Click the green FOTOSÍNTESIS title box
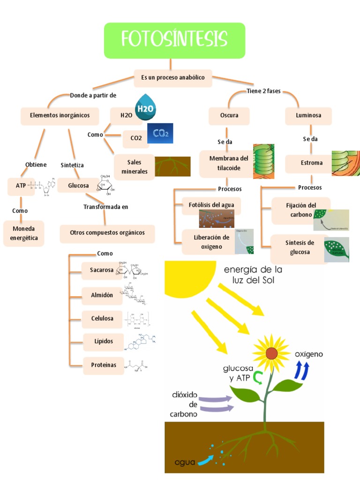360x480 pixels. pos(174,40)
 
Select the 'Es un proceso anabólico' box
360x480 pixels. pos(173,78)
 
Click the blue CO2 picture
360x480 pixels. pos(160,133)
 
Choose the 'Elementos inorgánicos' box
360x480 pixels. pos(60,116)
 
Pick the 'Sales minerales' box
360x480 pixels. pos(134,167)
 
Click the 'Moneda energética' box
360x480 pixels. pos(23,233)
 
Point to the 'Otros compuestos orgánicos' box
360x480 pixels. pos(107,233)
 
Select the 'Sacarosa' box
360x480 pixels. pos(102,270)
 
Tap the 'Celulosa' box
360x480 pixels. pos(102,319)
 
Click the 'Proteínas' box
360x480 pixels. pos(103,366)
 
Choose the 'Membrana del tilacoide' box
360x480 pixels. pos(228,163)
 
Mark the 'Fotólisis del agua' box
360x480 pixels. pos(211,205)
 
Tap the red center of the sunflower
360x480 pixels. pos(271,352)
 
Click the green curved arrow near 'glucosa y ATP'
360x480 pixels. pos(258,377)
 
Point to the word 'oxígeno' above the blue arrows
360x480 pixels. pos(308,354)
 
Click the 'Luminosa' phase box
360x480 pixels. pos(308,116)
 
